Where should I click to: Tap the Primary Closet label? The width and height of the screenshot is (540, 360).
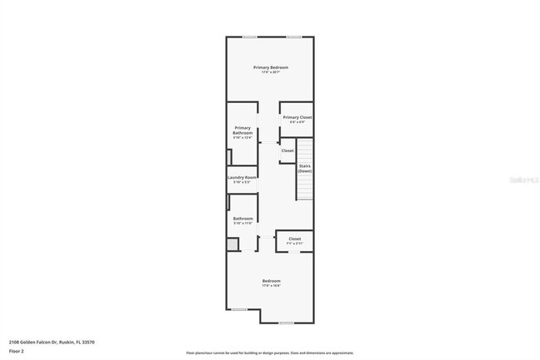[297, 117]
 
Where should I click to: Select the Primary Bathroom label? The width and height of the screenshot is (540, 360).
[243, 131]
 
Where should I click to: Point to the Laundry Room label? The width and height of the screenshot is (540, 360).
[243, 177]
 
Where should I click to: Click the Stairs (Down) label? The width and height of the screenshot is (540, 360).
[305, 169]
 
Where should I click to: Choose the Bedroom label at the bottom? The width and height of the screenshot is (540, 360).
[272, 281]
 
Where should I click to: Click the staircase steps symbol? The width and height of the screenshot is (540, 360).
[306, 170]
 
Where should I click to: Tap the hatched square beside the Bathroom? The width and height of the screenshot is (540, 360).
[233, 244]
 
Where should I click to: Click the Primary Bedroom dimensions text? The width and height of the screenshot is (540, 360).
[271, 72]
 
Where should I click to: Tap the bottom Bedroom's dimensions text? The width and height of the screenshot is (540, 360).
[272, 286]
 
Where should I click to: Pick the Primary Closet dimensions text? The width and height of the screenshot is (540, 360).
[297, 123]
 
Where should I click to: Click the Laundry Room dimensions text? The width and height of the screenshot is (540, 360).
[243, 182]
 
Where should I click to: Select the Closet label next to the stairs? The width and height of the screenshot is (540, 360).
[287, 150]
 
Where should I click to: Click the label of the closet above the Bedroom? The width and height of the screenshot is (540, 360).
[295, 239]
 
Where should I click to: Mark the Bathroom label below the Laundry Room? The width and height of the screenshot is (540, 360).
[243, 218]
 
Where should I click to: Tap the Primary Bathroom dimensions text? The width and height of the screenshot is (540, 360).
[243, 137]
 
